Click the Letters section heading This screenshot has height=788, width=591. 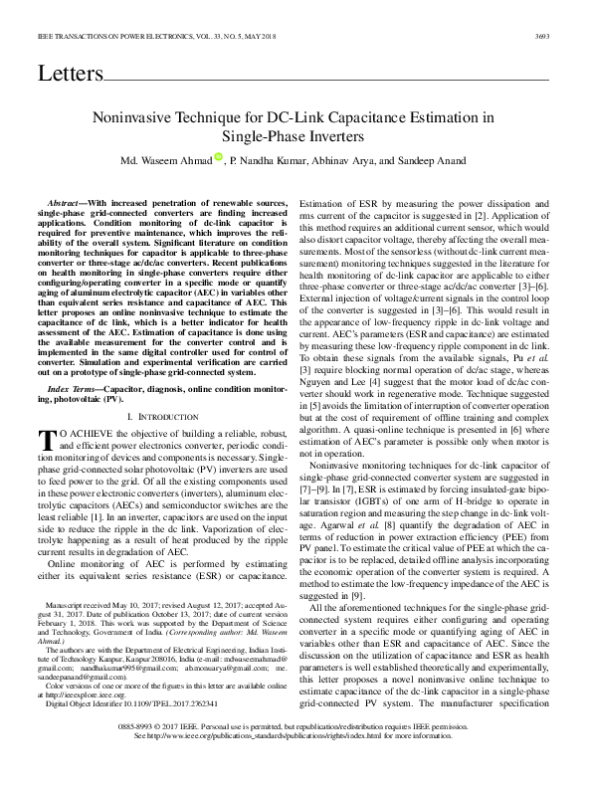coord(70,75)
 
